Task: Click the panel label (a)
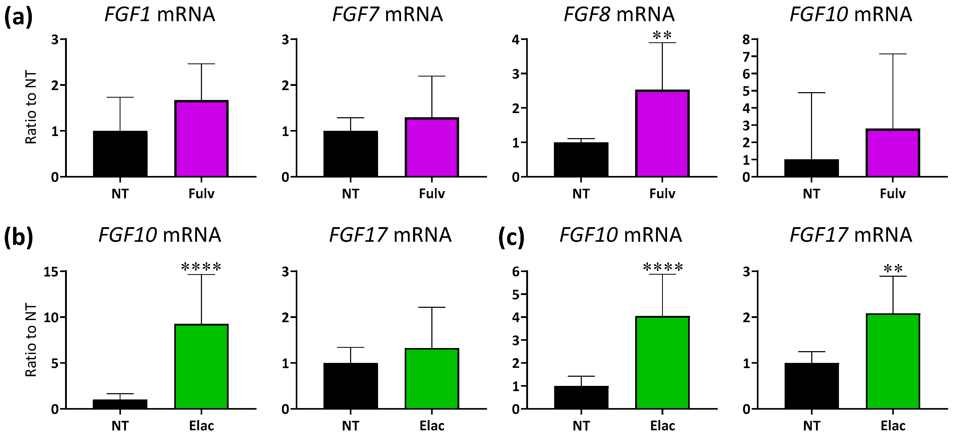[x=18, y=17]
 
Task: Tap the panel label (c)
[x=511, y=237]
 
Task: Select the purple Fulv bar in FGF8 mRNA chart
[x=662, y=133]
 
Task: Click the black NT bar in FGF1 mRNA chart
[x=120, y=154]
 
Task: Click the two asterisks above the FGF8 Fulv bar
[x=662, y=36]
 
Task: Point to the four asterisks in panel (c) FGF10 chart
[x=663, y=267]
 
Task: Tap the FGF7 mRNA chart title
[x=387, y=15]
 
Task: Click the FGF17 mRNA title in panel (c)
[x=851, y=235]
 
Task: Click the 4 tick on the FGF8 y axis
[x=515, y=40]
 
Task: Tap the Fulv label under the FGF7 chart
[x=432, y=193]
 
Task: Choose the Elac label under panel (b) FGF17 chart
[x=432, y=426]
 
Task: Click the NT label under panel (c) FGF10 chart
[x=581, y=426]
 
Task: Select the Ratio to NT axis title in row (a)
[x=31, y=108]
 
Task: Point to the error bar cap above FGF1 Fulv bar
[x=201, y=64]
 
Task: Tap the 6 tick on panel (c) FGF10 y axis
[x=515, y=272]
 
